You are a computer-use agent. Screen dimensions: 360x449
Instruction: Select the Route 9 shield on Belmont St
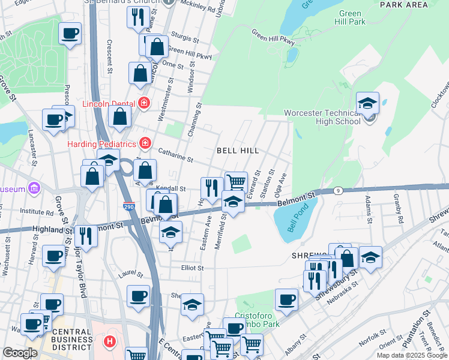click(339, 191)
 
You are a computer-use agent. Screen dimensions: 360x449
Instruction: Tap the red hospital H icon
click(109, 343)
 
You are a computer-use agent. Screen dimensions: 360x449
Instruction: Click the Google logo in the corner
click(20, 353)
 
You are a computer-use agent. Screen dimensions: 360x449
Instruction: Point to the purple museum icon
click(35, 189)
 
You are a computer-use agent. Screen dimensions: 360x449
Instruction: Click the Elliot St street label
click(193, 268)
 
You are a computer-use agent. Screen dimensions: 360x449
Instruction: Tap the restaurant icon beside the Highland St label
click(85, 235)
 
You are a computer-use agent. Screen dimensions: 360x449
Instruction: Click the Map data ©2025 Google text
click(411, 355)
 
